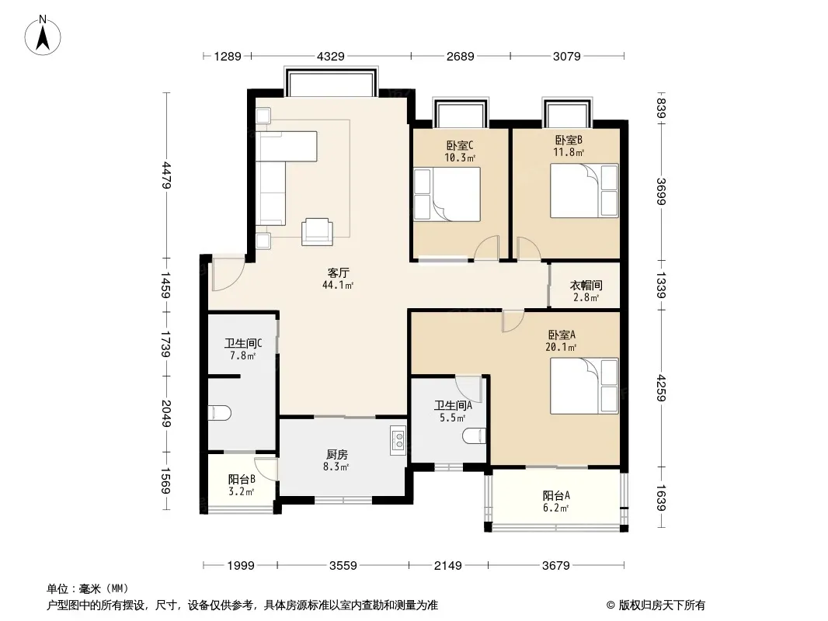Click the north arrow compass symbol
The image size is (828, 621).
(x=43, y=36)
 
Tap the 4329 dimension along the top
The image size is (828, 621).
(x=331, y=57)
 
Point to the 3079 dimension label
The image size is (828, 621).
(x=566, y=57)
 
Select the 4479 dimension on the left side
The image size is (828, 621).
(x=166, y=175)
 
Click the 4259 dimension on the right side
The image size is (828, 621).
(x=661, y=388)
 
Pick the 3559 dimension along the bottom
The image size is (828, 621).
(x=343, y=566)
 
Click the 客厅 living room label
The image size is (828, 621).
(x=338, y=272)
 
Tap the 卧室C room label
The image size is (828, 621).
(x=459, y=145)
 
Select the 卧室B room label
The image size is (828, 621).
(x=569, y=141)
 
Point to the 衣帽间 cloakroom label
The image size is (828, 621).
(x=586, y=286)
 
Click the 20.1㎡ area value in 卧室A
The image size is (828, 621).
(x=561, y=347)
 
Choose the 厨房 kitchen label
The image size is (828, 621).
(x=337, y=454)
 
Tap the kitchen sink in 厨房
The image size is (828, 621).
(x=398, y=440)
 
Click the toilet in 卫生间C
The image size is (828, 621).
(x=219, y=413)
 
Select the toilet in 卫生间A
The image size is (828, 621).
(x=474, y=435)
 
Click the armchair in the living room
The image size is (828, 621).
(x=318, y=231)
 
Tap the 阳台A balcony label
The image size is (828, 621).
(x=556, y=495)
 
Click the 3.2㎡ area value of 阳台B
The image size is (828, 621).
(x=242, y=491)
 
